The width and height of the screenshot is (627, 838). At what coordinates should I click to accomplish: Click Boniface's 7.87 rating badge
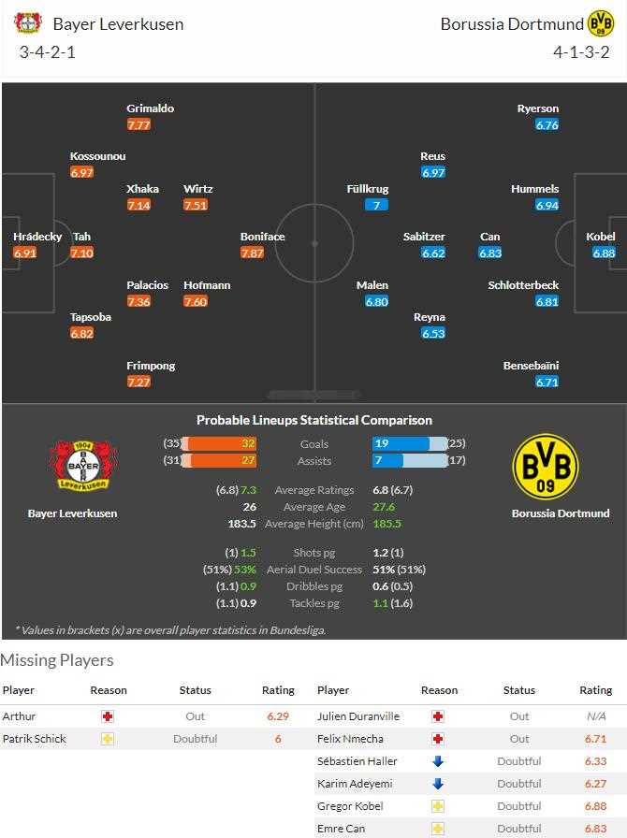click(x=252, y=253)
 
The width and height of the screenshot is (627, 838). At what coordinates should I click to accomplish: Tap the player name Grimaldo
click(x=150, y=108)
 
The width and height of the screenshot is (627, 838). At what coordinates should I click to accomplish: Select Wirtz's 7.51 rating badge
click(x=196, y=205)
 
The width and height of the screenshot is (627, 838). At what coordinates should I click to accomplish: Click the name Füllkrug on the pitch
click(x=367, y=189)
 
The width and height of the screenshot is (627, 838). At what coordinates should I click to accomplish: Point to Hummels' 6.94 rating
click(x=547, y=205)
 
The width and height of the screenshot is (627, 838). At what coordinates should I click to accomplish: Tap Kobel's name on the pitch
click(x=600, y=237)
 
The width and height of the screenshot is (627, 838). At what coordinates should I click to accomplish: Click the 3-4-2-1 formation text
click(x=47, y=52)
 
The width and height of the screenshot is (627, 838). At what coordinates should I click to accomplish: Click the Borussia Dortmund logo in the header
click(x=599, y=23)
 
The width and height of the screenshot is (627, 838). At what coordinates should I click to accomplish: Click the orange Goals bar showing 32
click(x=221, y=444)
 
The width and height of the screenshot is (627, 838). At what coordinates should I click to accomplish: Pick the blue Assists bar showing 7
click(x=387, y=461)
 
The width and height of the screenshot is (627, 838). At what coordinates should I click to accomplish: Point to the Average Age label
click(x=313, y=507)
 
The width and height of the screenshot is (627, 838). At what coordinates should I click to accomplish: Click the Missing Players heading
click(x=57, y=660)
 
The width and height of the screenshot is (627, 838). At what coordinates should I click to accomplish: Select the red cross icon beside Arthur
click(x=108, y=716)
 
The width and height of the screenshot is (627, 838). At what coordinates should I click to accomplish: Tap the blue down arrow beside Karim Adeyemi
click(x=438, y=784)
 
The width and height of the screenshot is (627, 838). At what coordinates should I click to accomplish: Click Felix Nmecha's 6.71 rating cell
click(x=595, y=739)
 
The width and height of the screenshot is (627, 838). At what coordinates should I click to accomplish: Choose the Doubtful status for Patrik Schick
click(x=195, y=739)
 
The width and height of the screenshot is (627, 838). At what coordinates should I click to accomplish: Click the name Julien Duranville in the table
click(x=358, y=716)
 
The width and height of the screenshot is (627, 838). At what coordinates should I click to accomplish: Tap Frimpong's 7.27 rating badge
click(x=139, y=382)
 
